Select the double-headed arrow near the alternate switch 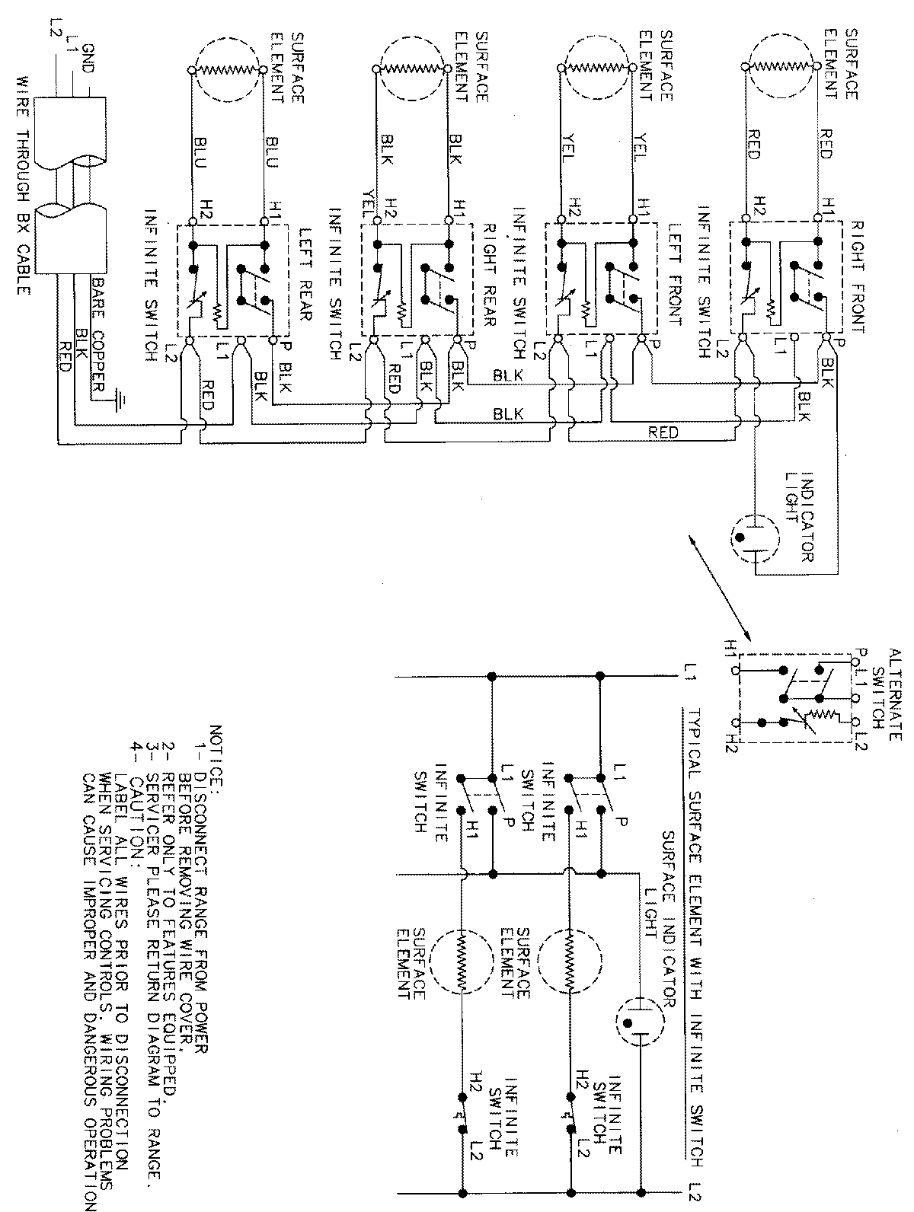click(x=720, y=588)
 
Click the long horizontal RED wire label click(x=663, y=432)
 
